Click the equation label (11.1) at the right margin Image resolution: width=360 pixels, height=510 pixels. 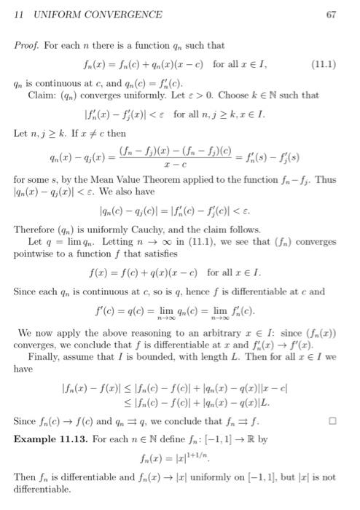point(324,63)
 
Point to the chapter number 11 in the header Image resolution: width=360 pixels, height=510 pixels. point(20,14)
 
